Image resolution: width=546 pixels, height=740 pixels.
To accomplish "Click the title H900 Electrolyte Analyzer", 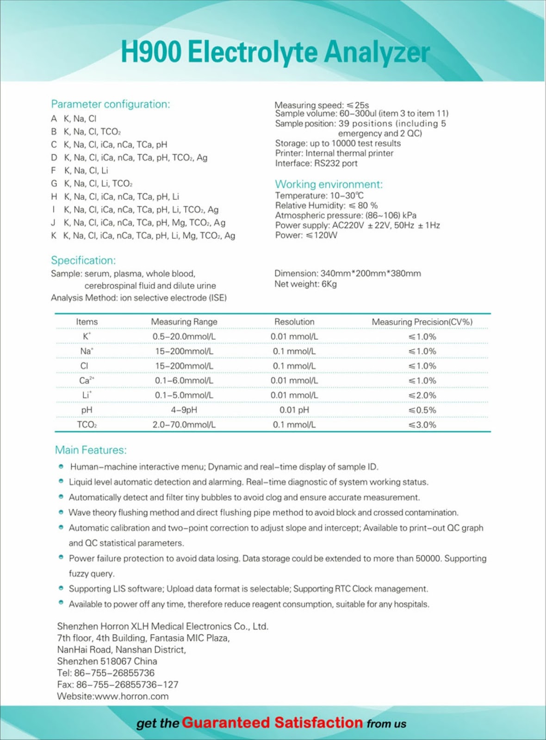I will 275,52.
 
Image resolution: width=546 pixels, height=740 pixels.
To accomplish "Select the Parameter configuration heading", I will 110,104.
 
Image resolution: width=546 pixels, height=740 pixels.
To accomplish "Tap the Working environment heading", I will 329,184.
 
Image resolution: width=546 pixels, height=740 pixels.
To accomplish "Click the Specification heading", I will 83,260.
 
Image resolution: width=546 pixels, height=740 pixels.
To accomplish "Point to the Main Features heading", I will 91,450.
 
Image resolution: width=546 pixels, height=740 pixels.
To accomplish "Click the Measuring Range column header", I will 184,321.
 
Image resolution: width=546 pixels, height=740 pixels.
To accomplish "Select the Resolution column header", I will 294,321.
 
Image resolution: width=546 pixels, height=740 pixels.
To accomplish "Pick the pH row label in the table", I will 87,410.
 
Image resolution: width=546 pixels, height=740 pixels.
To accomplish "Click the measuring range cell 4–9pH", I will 184,410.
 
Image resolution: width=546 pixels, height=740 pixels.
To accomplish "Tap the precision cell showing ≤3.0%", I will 422,425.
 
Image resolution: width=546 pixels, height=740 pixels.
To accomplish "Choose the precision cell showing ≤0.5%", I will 422,410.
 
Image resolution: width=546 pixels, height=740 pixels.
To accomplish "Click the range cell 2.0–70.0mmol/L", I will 184,425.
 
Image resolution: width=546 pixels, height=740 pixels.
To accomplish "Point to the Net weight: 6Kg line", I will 305,284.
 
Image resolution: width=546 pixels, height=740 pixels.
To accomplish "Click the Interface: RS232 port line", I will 316,163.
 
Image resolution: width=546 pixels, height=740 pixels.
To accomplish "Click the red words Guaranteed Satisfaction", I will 272,722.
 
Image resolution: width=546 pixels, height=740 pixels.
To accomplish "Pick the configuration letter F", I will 54,171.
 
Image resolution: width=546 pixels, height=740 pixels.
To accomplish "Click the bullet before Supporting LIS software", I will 61,588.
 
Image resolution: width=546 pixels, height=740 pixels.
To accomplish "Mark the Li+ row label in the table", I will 87,395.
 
